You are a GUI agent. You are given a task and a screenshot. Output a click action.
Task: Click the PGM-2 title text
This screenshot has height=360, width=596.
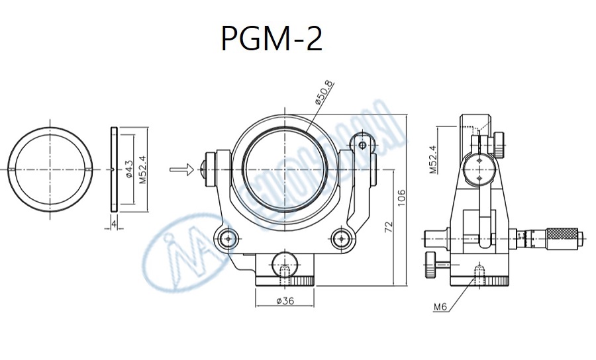tap(271, 39)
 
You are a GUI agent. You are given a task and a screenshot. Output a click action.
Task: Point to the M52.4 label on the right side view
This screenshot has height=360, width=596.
tap(433, 159)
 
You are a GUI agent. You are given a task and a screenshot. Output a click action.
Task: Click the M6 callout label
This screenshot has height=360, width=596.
tap(440, 306)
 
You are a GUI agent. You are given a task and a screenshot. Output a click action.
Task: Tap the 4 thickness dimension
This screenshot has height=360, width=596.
tap(114, 224)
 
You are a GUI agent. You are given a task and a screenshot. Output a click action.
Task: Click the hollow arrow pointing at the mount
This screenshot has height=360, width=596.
tap(181, 169)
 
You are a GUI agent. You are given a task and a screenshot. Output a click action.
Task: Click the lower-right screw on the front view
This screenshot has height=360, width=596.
tap(342, 238)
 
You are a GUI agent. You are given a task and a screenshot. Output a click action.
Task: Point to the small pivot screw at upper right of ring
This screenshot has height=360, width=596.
tap(362, 143)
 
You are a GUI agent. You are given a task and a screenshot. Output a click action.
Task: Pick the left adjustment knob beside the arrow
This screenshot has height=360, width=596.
tap(212, 169)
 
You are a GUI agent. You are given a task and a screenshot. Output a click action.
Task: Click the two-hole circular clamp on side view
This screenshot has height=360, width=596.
tap(478, 169)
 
